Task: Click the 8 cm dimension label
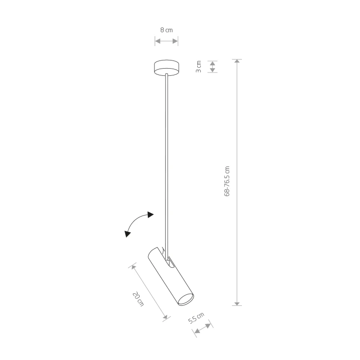coord(167,30)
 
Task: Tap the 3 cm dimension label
coord(198,67)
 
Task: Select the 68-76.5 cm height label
coord(227,181)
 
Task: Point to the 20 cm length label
coord(138,299)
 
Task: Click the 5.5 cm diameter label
coord(196,318)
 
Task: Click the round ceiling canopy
coord(167,68)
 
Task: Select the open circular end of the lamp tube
coord(186,300)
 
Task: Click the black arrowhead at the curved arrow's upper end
coord(151,215)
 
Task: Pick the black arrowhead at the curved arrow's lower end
coord(127,234)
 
